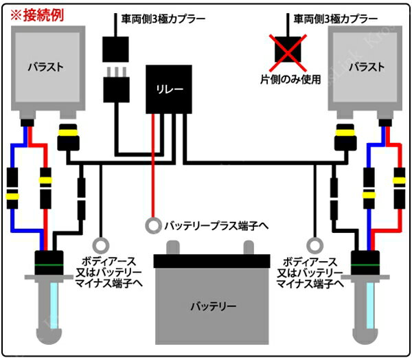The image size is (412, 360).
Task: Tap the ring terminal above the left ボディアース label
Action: pos(102,245)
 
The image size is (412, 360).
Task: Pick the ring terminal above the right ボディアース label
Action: pos(315,245)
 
